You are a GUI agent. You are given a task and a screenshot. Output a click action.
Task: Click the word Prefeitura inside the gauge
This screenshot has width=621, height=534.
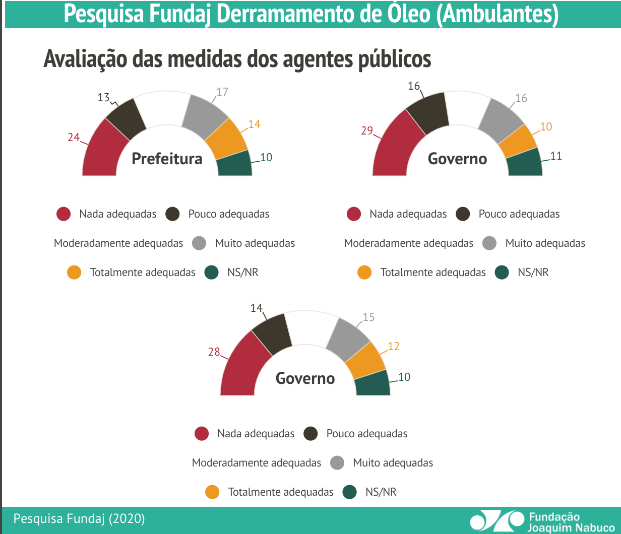click(x=167, y=159)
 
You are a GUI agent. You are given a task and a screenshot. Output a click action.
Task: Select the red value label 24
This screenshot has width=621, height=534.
click(x=74, y=137)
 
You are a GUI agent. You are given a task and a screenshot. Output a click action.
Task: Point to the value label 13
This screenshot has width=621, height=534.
click(x=103, y=97)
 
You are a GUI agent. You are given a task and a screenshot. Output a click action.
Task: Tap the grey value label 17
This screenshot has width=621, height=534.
click(x=222, y=92)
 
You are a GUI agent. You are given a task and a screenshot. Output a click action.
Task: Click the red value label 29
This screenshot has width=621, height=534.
click(x=366, y=131)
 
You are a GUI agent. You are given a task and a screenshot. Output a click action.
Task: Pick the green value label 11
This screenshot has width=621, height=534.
click(x=555, y=156)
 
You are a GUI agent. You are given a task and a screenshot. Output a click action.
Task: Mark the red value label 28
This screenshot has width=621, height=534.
click(x=214, y=352)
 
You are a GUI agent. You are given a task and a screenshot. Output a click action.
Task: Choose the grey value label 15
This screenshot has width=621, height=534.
click(x=368, y=317)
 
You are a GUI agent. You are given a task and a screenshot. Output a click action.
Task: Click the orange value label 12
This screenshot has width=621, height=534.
click(x=393, y=347)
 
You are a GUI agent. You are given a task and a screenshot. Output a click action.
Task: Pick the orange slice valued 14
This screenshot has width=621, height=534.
click(x=226, y=138)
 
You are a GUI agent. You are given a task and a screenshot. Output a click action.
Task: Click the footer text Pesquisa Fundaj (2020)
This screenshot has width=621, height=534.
click(x=79, y=518)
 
